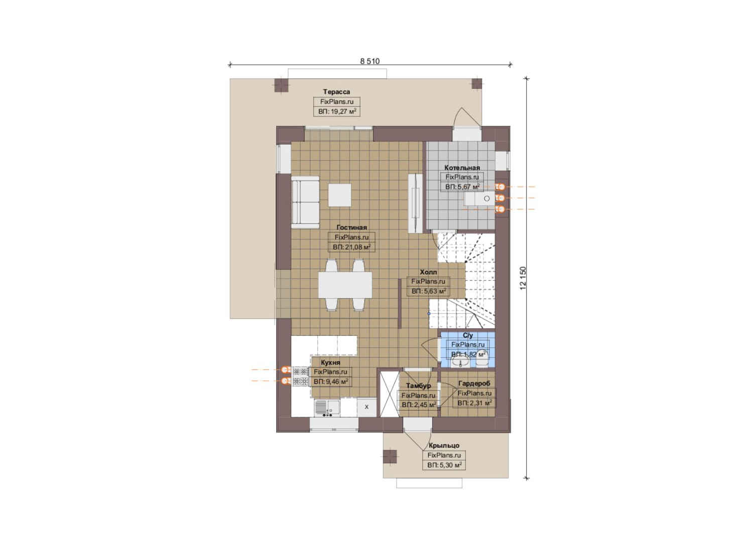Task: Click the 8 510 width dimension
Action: pos(369,61)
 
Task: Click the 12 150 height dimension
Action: pos(523,278)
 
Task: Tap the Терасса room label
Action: pos(336,92)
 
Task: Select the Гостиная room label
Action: pos(351,227)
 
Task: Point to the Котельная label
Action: pos(462,168)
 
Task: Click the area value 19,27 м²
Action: pos(337,111)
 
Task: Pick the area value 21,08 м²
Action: pos(351,247)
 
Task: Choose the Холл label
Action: pos(428,272)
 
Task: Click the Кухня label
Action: pos(330,362)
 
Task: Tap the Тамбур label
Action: pos(418,385)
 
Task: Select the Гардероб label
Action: pos(474,383)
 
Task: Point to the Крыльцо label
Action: pos(444,446)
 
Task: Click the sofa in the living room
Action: pos(305,202)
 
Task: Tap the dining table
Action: pos(345,285)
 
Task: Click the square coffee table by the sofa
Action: pos(339,195)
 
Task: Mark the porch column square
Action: pos(390,457)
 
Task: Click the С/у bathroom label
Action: pos(468,335)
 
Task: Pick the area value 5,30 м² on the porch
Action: pos(444,465)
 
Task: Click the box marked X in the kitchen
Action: pos(366,407)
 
